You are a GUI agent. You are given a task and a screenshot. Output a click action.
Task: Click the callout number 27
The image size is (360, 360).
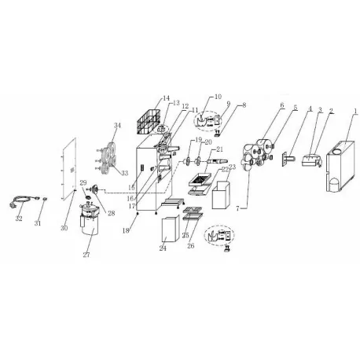pyautogui.click(x=87, y=255)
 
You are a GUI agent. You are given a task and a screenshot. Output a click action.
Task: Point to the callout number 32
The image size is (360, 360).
pyautogui.click(x=19, y=219)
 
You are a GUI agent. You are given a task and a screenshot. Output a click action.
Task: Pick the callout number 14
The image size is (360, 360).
pyautogui.click(x=166, y=98)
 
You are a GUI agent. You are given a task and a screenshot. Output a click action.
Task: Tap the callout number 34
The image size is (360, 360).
pyautogui.click(x=118, y=125)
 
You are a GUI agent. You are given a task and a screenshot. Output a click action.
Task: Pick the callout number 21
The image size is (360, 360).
pyautogui.click(x=220, y=149)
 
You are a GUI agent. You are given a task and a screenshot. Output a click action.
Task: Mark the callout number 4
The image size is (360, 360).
pyautogui.click(x=310, y=108)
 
